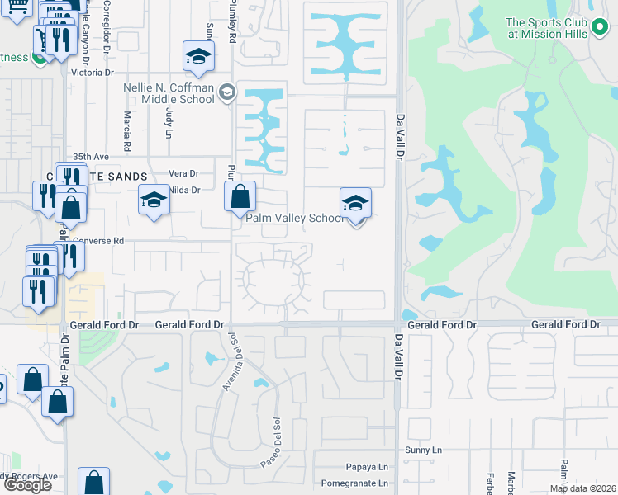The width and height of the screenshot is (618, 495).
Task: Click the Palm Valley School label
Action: point(295,219)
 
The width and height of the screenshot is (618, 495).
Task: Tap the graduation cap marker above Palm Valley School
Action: point(355,203)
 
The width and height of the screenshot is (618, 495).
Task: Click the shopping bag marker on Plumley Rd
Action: point(240,197)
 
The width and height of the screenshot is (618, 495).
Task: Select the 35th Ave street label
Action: point(91,156)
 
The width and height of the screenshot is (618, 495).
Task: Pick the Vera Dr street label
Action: point(183,173)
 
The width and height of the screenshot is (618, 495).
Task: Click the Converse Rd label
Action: point(97,242)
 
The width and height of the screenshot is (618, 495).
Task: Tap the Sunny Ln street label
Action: point(425,450)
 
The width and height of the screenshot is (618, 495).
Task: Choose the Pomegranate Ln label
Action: point(354,483)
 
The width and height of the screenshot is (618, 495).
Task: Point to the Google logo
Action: point(27,485)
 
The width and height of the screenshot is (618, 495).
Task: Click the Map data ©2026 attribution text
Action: point(582,488)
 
